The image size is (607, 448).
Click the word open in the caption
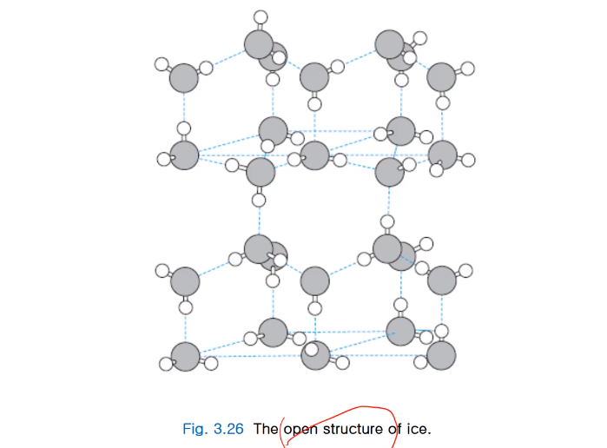pos(300,429)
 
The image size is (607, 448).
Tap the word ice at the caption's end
pos(418,429)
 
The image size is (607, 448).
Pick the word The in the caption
pos(266,429)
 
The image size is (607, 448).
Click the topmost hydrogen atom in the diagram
pos(261,16)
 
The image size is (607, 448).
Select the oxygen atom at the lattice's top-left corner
pos(183,79)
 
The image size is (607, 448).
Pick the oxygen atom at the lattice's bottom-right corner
pos(441,354)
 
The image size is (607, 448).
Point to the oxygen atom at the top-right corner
pos(442,77)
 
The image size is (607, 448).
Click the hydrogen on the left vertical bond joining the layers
pos(259,201)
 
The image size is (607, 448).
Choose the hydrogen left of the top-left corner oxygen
pos(160,63)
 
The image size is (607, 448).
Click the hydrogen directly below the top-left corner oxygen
pos(184,128)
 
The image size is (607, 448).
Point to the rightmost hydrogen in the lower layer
pos(466,270)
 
